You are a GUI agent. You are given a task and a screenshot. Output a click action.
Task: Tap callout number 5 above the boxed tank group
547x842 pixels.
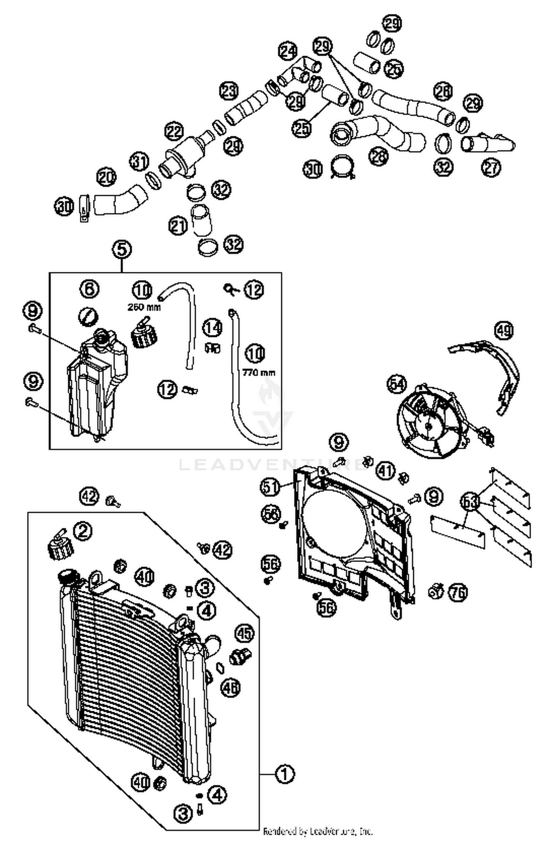click(122, 249)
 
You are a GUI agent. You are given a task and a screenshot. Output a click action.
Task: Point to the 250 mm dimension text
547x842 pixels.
click(144, 307)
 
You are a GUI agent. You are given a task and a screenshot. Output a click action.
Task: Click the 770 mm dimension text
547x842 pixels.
click(259, 373)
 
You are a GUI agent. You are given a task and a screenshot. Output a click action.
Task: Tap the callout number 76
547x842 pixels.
click(458, 592)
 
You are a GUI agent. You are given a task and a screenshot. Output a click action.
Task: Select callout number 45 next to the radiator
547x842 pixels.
click(244, 633)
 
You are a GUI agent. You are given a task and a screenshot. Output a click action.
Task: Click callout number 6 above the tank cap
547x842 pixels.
click(89, 289)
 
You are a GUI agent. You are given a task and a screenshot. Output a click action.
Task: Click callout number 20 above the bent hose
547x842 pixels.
click(106, 178)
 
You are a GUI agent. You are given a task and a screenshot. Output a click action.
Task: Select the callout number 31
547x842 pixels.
click(140, 161)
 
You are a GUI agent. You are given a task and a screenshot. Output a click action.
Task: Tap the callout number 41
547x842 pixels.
click(386, 470)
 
